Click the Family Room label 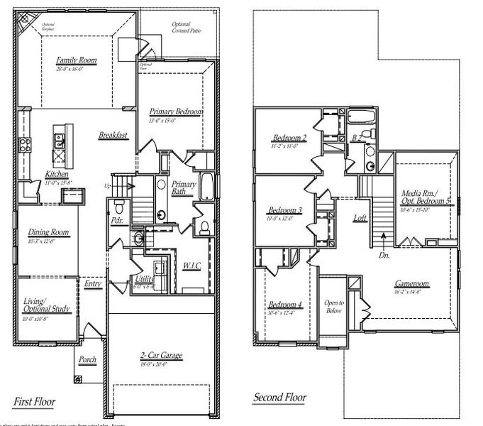77,60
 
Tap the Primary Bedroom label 176,112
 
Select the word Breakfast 113,136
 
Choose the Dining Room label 47,232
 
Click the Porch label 87,359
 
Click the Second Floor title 280,397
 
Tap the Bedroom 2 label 289,138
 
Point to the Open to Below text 333,307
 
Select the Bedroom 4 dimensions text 285,313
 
